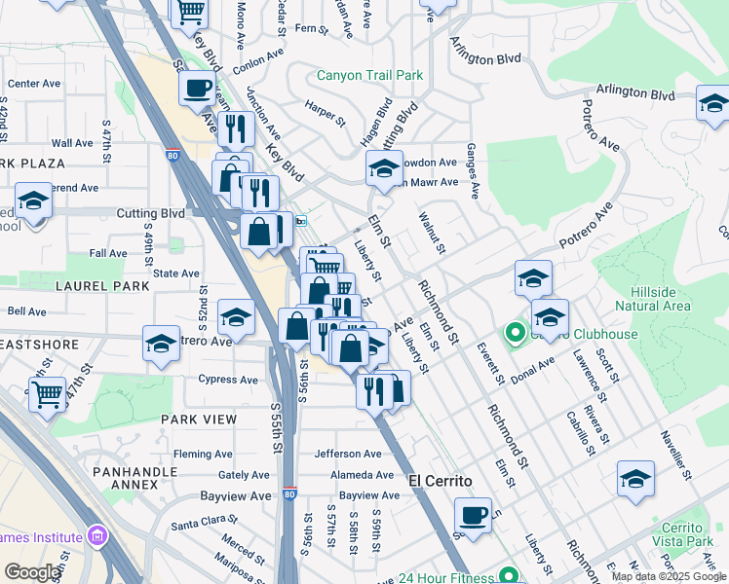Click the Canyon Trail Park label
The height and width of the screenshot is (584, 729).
[369, 75]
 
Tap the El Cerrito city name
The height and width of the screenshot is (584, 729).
[440, 481]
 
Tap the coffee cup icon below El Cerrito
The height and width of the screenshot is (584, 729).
[474, 515]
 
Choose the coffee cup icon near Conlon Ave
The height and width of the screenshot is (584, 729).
[198, 88]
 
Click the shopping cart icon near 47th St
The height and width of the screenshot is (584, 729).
[47, 395]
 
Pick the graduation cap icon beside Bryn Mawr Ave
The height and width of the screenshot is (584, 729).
[384, 168]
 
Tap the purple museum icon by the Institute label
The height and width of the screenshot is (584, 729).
[96, 536]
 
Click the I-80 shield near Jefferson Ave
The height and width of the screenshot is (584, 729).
[289, 494]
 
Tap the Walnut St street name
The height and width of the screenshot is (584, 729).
[432, 235]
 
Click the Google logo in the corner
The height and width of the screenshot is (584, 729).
[32, 572]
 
